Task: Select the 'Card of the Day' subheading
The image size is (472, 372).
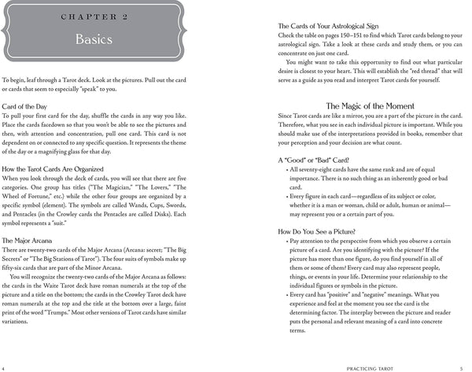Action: click(x=27, y=105)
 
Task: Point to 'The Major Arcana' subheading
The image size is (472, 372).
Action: click(x=30, y=240)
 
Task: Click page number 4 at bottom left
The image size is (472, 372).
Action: click(x=4, y=367)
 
